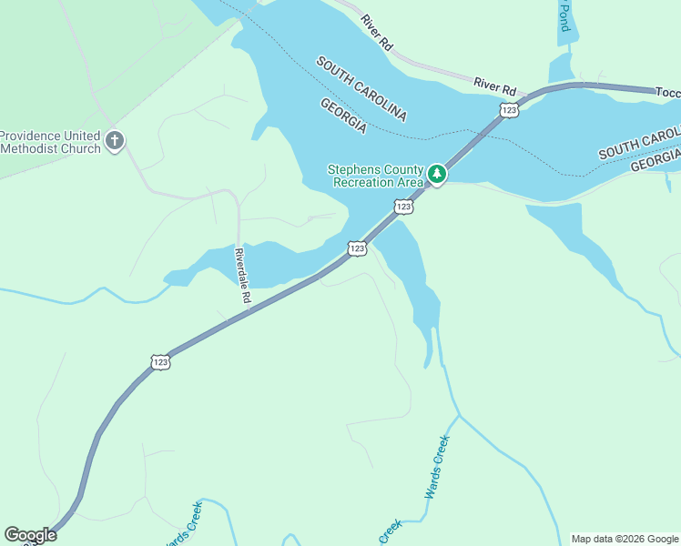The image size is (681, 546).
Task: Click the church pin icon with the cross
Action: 114,140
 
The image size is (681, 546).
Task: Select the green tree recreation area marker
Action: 437,173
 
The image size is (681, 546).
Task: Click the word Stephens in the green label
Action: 351,170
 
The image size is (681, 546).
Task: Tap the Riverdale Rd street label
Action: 242,275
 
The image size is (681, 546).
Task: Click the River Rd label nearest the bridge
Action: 494,87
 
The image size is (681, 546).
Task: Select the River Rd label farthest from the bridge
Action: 375,32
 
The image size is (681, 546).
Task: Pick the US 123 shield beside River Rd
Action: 509,109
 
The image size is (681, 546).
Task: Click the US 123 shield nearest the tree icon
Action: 404,207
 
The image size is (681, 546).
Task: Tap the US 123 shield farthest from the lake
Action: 160,361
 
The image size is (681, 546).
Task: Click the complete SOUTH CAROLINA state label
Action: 361,88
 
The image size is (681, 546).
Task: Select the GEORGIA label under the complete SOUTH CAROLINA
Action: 343,116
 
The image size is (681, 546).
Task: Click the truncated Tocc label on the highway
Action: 667,92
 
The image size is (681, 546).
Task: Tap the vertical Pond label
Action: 564,15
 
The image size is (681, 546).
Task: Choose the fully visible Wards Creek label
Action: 438,467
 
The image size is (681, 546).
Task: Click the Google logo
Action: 30,535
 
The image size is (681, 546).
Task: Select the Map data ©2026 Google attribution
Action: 625,539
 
